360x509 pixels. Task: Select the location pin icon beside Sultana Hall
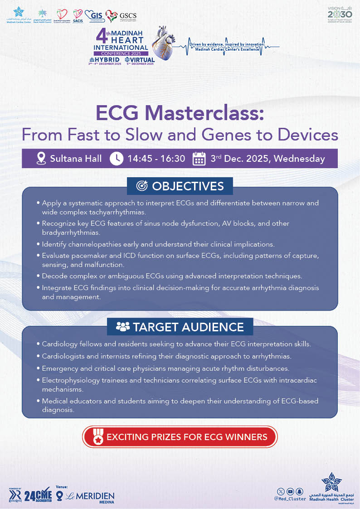pyautogui.click(x=41, y=159)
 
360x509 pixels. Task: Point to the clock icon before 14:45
pyautogui.click(x=117, y=159)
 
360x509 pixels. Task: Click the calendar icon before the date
pyautogui.click(x=199, y=159)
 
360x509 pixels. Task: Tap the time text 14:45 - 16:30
pyautogui.click(x=156, y=159)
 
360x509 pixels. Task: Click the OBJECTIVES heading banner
pyautogui.click(x=180, y=186)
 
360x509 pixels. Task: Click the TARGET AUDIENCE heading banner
pyautogui.click(x=180, y=326)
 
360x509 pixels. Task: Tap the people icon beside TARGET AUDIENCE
pyautogui.click(x=123, y=326)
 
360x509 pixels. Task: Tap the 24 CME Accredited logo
pyautogui.click(x=37, y=495)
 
